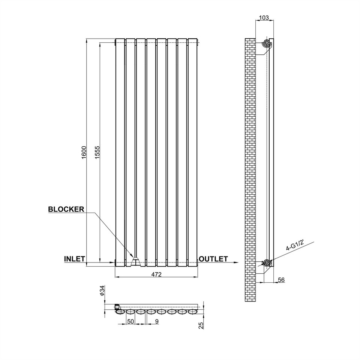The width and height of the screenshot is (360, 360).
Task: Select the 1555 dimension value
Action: (97, 153)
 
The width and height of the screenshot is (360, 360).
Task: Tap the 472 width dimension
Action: (156, 274)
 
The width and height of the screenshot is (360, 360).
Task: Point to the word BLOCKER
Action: (66, 209)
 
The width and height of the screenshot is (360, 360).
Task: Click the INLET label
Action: (74, 259)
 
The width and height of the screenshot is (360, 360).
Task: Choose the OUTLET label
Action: (213, 259)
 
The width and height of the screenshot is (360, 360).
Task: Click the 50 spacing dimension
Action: (130, 321)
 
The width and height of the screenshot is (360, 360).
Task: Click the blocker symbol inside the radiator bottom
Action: (136, 261)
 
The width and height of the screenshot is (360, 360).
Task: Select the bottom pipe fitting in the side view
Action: (267, 262)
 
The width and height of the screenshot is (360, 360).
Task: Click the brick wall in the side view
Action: (250, 169)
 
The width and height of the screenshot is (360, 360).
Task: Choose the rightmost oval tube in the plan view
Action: (193, 311)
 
